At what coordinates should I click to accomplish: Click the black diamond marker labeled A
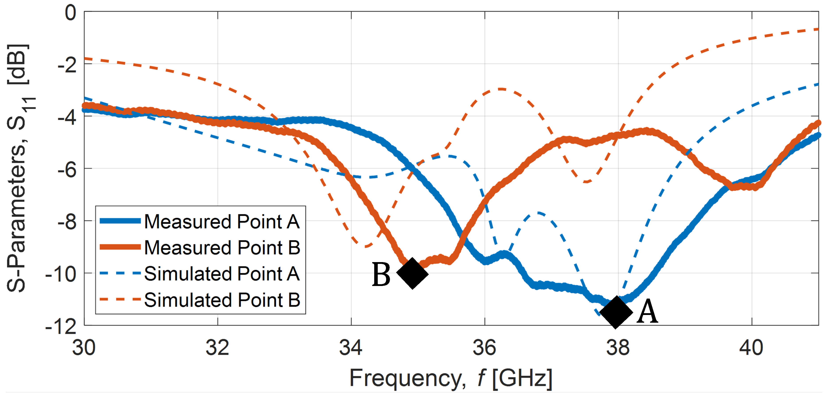tap(616, 312)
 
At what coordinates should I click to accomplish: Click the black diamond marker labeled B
tap(413, 273)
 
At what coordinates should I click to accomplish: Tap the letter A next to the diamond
tap(647, 312)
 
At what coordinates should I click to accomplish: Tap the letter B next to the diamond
tap(381, 274)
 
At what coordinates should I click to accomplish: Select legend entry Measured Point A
tap(221, 221)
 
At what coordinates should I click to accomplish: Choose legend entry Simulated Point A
tap(221, 274)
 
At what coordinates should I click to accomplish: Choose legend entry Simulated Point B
tap(221, 300)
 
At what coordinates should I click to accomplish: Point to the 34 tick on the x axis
tap(351, 348)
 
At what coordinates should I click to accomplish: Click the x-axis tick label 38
tap(618, 348)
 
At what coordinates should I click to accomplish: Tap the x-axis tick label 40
tap(751, 348)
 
